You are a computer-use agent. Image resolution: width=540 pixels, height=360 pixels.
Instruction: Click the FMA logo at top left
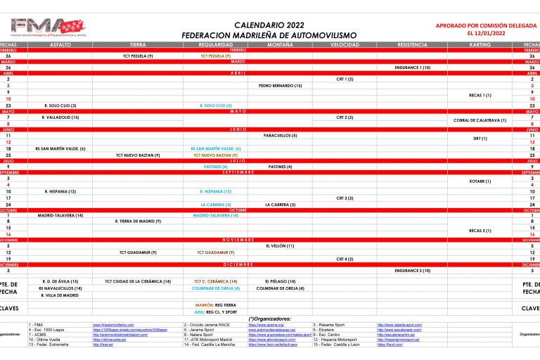(49, 27)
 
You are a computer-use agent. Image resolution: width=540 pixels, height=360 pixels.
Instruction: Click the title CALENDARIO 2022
(269, 24)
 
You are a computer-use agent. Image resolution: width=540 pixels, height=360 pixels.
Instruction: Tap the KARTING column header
(480, 44)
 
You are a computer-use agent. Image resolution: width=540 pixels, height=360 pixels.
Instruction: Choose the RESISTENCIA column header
(412, 44)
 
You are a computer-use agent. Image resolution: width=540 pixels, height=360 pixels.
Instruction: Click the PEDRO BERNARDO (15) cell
(280, 85)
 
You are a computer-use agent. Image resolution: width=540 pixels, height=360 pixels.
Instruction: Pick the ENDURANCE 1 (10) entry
(412, 67)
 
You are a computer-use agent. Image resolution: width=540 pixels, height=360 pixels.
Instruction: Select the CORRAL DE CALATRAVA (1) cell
(480, 120)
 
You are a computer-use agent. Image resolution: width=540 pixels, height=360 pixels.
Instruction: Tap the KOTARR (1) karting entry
(480, 181)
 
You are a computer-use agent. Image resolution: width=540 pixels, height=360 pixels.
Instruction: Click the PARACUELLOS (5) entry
(280, 135)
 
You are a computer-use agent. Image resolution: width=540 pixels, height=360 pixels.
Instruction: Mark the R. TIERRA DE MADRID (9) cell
(138, 221)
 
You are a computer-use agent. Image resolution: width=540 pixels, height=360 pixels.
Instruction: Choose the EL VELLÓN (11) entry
(280, 245)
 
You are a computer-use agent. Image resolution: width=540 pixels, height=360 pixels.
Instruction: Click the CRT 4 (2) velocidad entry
(345, 258)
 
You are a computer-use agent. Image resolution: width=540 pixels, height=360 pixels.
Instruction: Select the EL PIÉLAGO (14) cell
(280, 281)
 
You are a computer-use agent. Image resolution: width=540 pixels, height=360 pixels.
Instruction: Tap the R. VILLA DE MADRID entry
(60, 295)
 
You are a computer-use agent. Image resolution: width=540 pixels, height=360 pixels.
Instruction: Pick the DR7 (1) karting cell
(480, 139)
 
